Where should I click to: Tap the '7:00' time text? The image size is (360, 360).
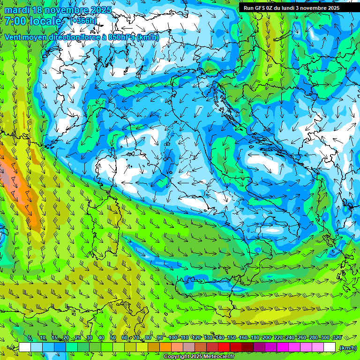point(16,21)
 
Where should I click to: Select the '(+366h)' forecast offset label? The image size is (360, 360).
point(83,21)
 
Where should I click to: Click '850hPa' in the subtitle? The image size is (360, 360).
point(122,37)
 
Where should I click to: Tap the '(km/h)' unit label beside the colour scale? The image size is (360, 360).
point(348,347)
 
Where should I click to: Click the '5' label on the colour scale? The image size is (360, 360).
point(30,337)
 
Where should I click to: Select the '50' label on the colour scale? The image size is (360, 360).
point(113,337)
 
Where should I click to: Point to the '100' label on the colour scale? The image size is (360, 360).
point(172,337)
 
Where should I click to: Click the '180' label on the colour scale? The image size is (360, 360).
point(255,337)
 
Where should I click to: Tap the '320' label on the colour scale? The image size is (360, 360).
point(337,337)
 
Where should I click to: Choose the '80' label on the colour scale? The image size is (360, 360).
point(148,337)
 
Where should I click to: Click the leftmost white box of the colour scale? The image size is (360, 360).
point(25,347)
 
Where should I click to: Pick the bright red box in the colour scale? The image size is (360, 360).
point(224,347)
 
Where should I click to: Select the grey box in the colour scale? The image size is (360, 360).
point(189,347)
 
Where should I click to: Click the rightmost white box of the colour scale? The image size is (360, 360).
point(330,347)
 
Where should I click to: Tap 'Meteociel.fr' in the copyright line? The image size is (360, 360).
point(219,357)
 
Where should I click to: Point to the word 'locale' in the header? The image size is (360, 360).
point(46,21)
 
